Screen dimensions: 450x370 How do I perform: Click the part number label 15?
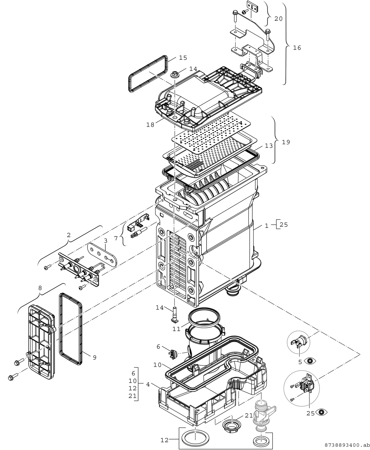pos(183,58)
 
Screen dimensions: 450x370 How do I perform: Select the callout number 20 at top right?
pos(278,19)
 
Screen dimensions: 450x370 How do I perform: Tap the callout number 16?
pos(297,48)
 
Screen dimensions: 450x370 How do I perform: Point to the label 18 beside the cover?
pos(150,125)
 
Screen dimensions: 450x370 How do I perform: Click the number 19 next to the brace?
pos(286,142)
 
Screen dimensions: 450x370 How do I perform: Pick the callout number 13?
pos(269,146)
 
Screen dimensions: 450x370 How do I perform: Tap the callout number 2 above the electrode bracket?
pos(69,235)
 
